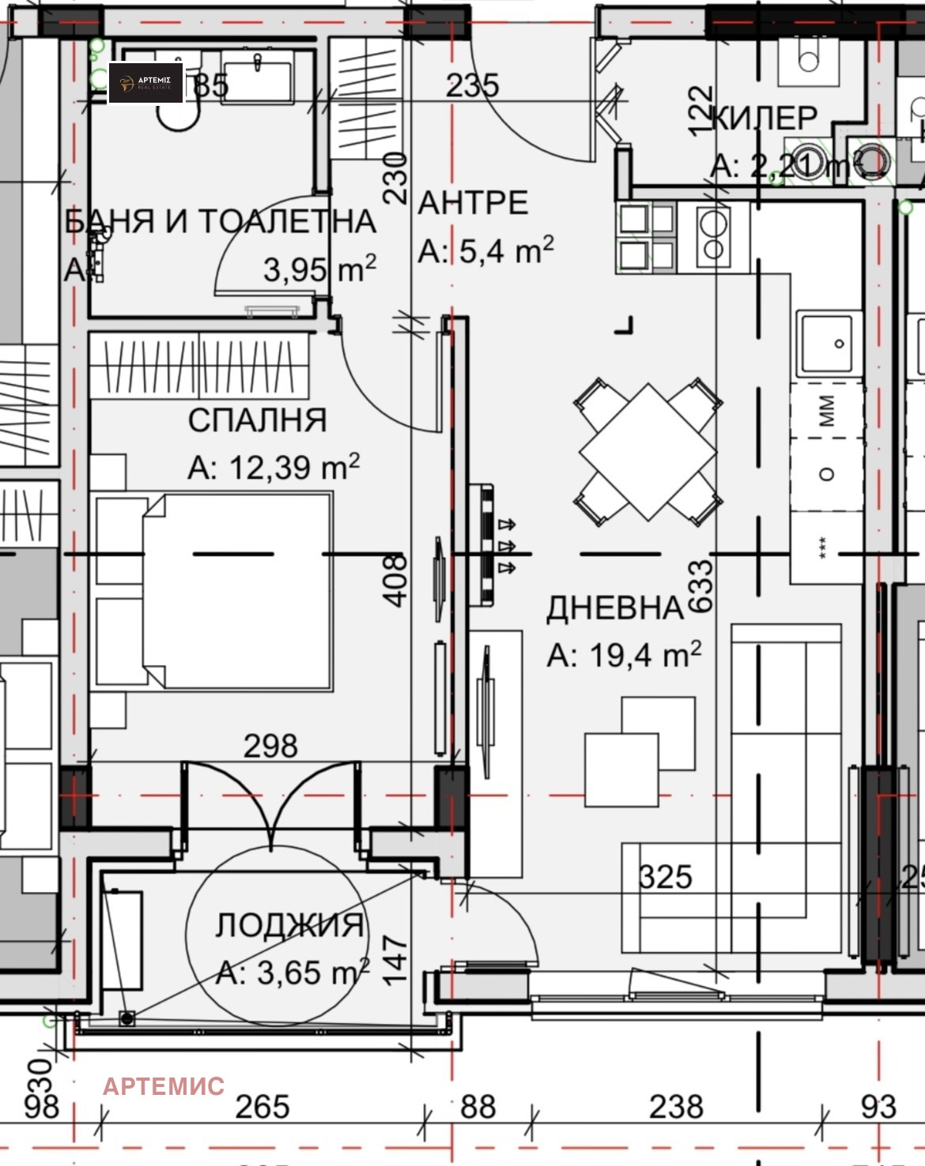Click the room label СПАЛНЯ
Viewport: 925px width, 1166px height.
tap(257, 420)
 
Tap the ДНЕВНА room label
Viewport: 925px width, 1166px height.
tap(614, 608)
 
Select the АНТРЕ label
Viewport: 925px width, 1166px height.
tap(473, 203)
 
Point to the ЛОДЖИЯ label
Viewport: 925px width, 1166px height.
tap(289, 925)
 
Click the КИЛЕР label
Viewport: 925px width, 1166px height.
tap(765, 118)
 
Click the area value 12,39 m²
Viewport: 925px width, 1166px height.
tap(274, 467)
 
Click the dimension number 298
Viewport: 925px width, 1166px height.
tap(270, 746)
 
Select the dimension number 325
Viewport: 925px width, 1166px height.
tap(666, 877)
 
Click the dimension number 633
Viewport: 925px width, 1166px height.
tap(700, 586)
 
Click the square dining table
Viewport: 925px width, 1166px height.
tap(648, 452)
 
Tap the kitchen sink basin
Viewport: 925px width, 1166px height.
tap(828, 344)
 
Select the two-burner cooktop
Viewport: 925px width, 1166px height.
tap(714, 235)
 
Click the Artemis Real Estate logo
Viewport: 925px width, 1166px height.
tap(146, 83)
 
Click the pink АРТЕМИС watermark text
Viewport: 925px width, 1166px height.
tap(164, 1086)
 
